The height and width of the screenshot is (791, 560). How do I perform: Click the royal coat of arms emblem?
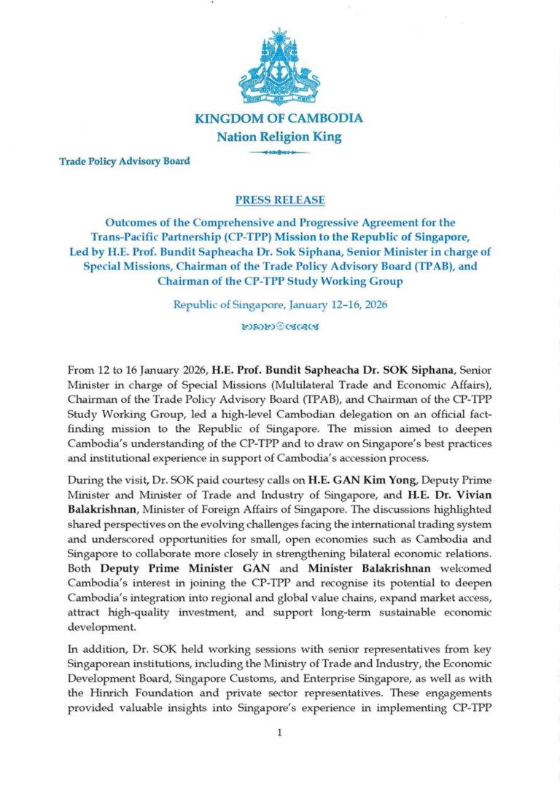(279, 67)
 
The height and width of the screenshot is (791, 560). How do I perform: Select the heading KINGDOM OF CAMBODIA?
(279, 119)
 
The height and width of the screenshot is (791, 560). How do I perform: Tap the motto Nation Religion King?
(279, 136)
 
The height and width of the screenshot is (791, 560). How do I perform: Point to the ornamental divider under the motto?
(279, 152)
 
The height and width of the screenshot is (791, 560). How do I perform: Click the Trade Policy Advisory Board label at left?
(125, 161)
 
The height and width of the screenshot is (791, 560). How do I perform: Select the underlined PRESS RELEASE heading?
(280, 200)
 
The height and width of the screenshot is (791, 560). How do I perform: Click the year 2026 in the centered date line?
(372, 304)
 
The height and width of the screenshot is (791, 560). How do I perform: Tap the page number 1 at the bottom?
(279, 733)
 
